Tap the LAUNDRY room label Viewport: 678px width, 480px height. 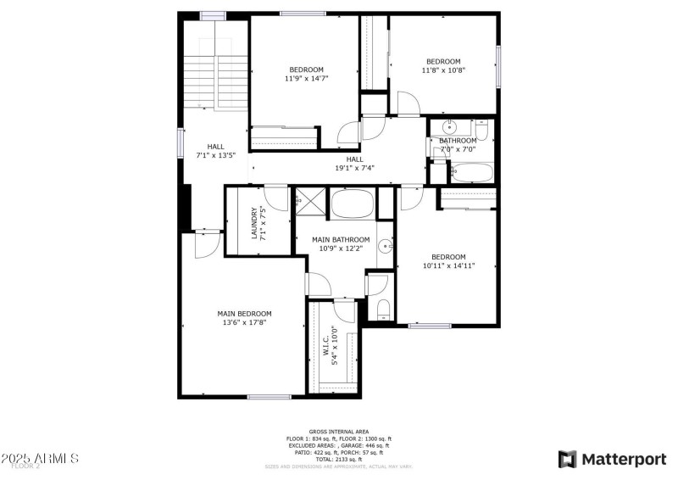(254, 221)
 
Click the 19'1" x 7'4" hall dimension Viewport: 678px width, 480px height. (354, 168)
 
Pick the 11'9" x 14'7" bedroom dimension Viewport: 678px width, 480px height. (306, 79)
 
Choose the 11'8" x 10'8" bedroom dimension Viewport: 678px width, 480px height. (443, 70)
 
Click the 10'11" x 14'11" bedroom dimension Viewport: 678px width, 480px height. (448, 265)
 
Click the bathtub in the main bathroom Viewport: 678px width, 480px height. (353, 204)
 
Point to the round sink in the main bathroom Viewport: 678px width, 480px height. (386, 246)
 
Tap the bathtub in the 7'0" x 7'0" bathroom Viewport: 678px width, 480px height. (470, 174)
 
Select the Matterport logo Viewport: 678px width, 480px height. (612, 459)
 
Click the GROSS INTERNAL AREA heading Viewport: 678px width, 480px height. (338, 432)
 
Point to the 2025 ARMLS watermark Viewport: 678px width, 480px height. (40, 458)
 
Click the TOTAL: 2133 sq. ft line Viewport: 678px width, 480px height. (338, 459)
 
